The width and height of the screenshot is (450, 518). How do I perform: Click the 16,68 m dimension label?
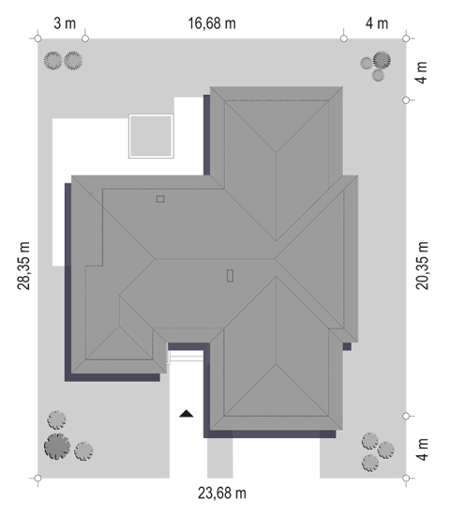(212, 23)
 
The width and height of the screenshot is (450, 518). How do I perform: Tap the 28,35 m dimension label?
(23, 266)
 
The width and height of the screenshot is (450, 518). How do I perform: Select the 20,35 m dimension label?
(422, 266)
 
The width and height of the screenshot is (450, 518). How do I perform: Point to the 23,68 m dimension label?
(222, 494)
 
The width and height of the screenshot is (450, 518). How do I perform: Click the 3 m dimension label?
(65, 23)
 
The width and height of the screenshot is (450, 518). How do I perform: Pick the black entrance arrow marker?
(187, 414)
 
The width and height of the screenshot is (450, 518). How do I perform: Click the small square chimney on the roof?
(160, 199)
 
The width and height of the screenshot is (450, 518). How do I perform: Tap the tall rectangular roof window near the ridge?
(230, 276)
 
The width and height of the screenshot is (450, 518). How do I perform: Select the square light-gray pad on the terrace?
(151, 136)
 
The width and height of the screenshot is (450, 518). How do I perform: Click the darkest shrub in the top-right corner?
(382, 60)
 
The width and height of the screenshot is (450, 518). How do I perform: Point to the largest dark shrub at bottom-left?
(57, 447)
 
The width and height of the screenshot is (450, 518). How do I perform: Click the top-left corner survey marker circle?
(37, 38)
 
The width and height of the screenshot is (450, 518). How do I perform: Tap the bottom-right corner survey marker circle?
(406, 478)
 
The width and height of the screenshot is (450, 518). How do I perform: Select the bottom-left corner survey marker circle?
(37, 478)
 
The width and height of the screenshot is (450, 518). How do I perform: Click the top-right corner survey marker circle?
(406, 38)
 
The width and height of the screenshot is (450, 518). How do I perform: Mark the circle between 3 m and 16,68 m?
(85, 38)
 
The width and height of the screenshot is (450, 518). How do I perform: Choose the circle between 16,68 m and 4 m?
(344, 38)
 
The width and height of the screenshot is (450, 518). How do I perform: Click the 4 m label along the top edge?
(377, 23)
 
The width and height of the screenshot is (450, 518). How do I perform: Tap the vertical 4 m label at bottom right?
(422, 449)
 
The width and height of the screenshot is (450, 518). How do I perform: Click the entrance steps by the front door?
(187, 357)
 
